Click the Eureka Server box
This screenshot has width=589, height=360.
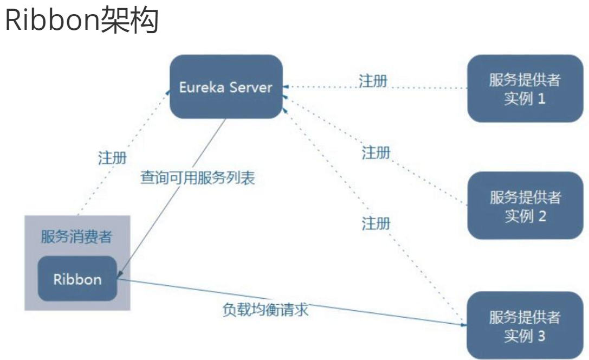pyautogui.click(x=225, y=87)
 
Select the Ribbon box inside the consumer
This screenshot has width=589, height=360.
pyautogui.click(x=77, y=279)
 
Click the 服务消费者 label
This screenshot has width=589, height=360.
pyautogui.click(x=77, y=237)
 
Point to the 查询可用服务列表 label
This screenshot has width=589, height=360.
pyautogui.click(x=197, y=178)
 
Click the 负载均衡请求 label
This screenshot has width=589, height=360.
pyautogui.click(x=266, y=310)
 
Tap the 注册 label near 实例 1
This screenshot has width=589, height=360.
pyautogui.click(x=373, y=81)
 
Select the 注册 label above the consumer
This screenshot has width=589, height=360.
pyautogui.click(x=113, y=158)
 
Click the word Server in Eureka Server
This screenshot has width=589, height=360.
pyautogui.click(x=250, y=87)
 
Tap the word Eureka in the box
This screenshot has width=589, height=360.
pyautogui.click(x=201, y=87)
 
